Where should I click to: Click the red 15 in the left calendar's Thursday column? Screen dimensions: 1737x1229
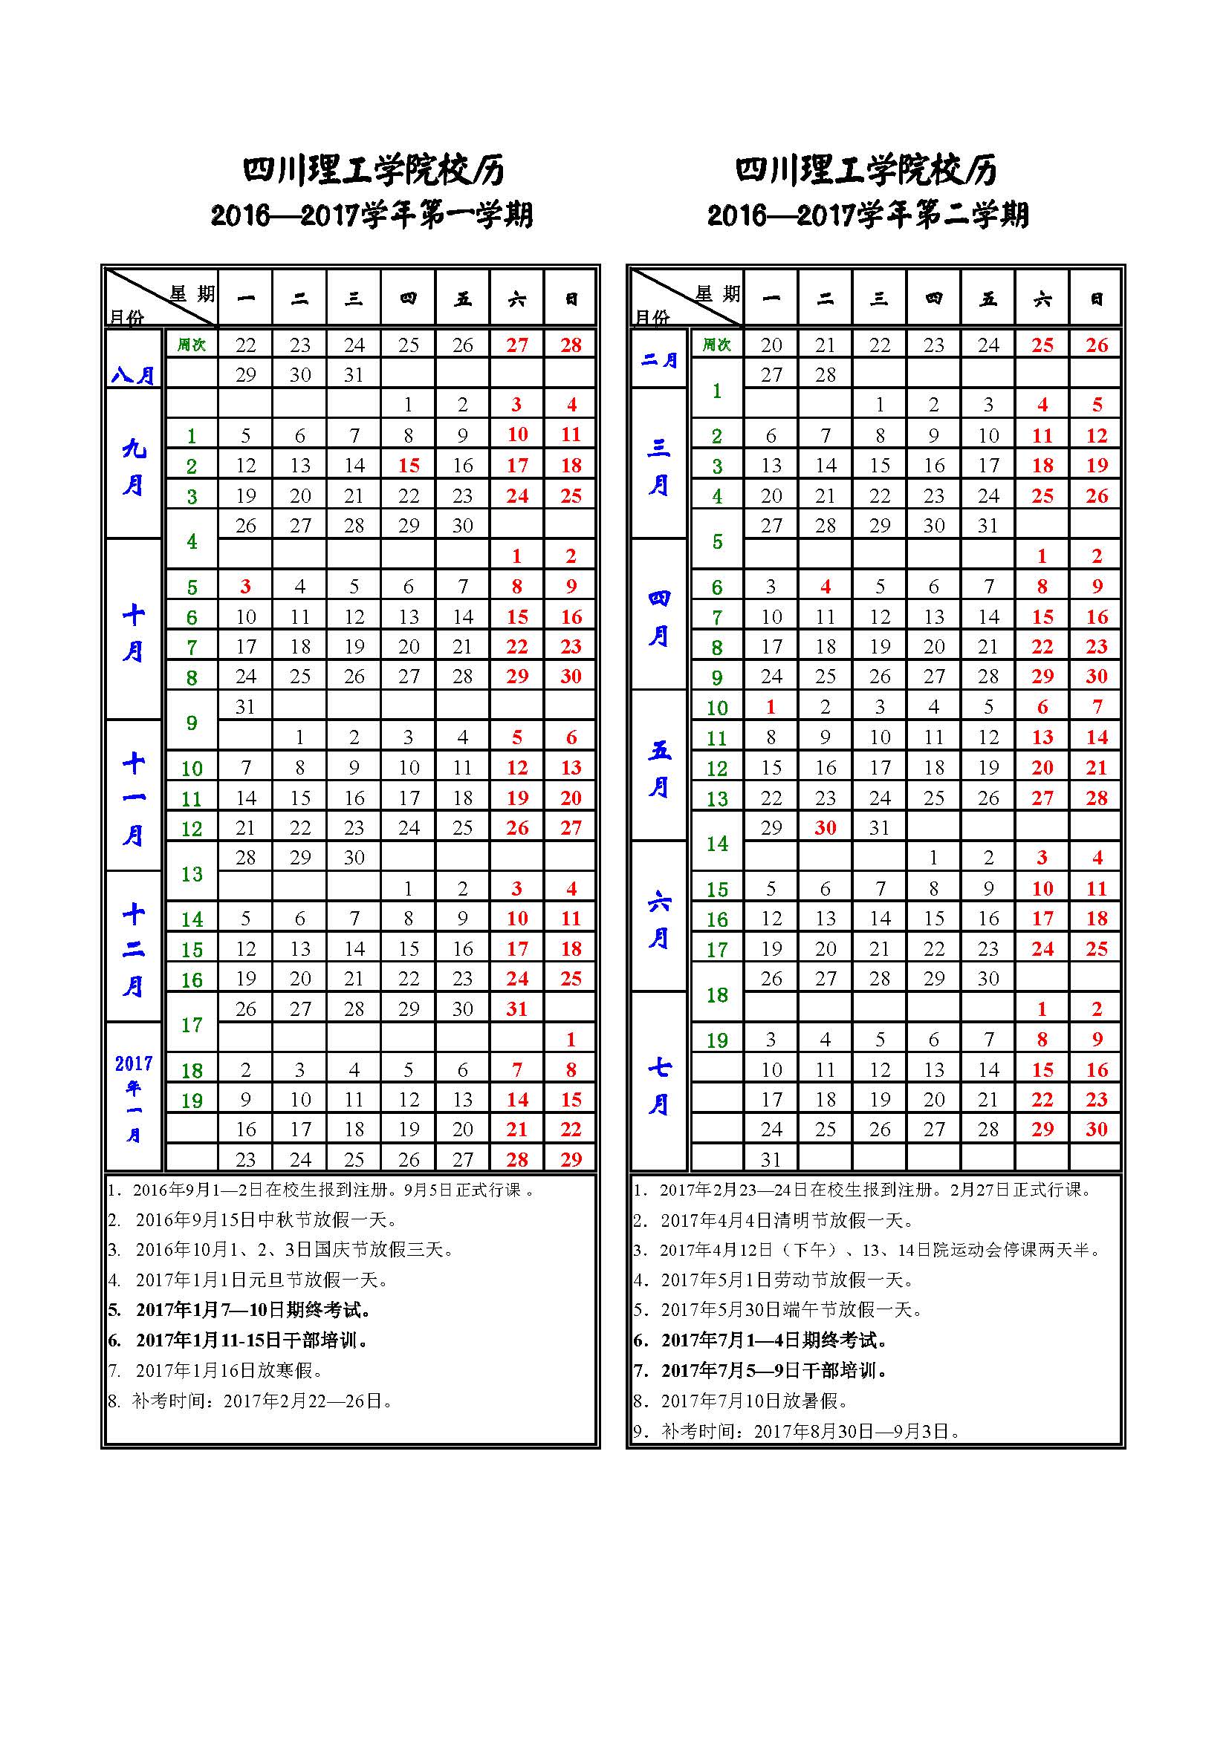[409, 466]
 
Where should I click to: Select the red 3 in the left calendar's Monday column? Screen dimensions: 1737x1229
[245, 587]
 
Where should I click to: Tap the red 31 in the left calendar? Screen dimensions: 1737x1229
[517, 1009]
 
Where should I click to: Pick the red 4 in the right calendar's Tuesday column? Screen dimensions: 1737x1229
[825, 587]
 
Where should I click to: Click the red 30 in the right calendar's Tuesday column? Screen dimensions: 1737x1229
[825, 827]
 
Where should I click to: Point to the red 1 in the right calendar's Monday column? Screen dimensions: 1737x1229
[771, 706]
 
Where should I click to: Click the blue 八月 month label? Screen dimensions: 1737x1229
[133, 374]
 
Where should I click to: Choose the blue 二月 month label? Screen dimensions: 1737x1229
[658, 360]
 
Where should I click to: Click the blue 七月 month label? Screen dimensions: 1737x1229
[658, 1086]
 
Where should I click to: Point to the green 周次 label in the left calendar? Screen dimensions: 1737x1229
[192, 345]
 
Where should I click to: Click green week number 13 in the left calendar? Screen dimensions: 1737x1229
[192, 874]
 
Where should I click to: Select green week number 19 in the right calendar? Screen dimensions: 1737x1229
[716, 1040]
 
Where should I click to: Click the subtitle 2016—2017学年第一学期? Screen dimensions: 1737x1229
[372, 215]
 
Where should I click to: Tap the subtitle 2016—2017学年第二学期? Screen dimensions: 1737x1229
[867, 215]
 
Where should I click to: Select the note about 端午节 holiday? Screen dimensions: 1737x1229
[791, 1309]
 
